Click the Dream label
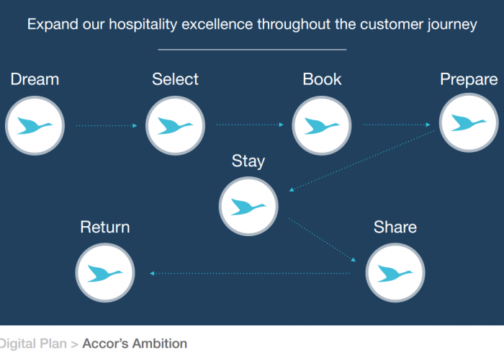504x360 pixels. tap(35, 79)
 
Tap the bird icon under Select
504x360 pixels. tap(175, 126)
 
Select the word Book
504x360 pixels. tap(322, 79)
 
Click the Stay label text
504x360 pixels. tap(248, 162)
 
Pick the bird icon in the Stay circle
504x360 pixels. tap(248, 207)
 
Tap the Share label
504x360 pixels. tap(395, 228)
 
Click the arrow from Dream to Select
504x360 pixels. tap(107, 126)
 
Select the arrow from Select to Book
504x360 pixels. tap(250, 125)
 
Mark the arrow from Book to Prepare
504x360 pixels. tap(396, 125)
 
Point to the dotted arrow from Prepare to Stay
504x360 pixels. tap(361, 161)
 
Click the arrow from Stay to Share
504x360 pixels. tap(322, 240)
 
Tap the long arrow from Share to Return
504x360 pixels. tap(250, 274)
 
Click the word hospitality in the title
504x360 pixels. tap(143, 24)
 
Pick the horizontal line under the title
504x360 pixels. tap(252, 50)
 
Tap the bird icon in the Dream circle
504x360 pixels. tap(35, 126)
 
